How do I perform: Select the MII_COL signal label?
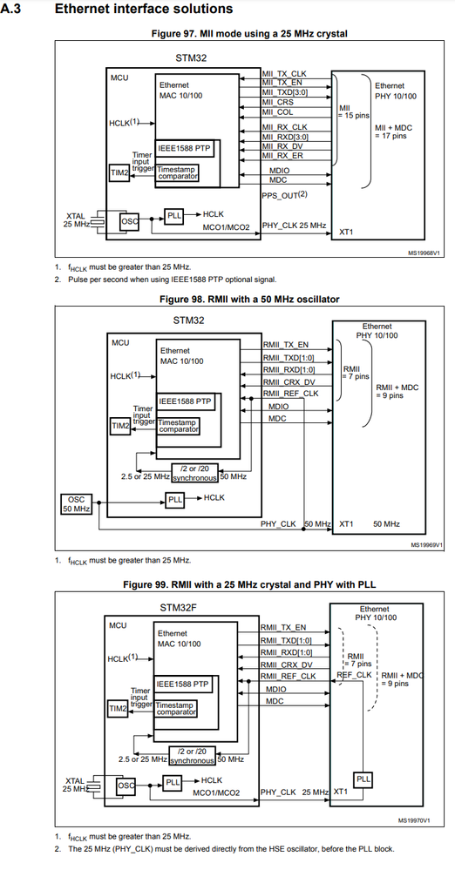pos(278,111)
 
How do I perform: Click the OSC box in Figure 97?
pos(129,221)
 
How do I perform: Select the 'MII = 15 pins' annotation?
pos(354,111)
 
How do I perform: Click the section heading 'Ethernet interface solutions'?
pos(144,9)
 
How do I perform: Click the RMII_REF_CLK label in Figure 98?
pos(291,393)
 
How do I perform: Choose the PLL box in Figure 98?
pos(174,500)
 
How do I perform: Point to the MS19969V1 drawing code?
pos(425,546)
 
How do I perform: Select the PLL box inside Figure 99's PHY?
pos(363,778)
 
